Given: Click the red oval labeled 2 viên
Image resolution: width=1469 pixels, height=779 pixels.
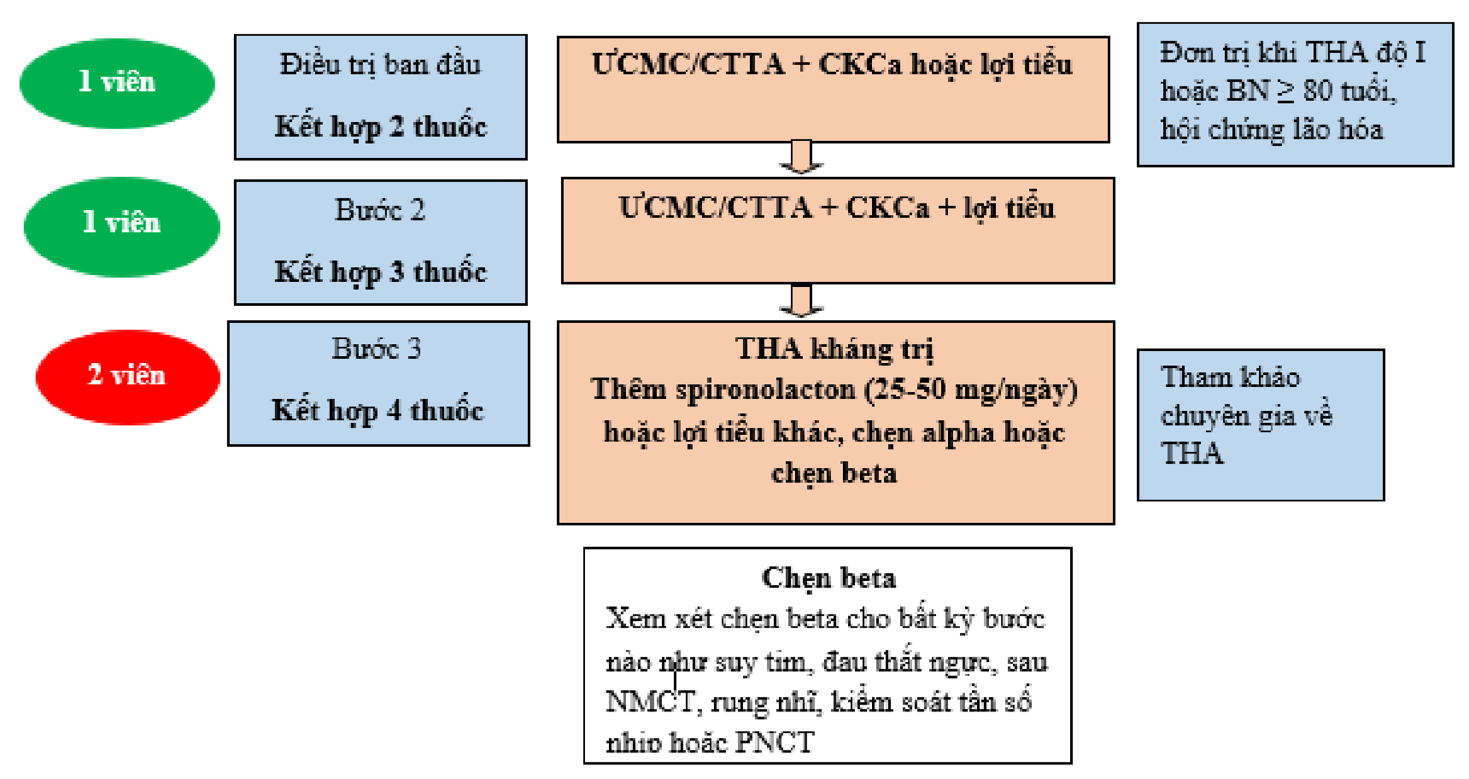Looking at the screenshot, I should [x=127, y=377].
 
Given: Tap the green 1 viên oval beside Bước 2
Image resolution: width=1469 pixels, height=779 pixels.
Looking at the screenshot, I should [x=121, y=225].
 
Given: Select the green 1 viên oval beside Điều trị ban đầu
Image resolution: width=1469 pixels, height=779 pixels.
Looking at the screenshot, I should [x=117, y=83].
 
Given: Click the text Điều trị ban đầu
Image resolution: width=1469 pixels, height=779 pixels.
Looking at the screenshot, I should [x=380, y=65].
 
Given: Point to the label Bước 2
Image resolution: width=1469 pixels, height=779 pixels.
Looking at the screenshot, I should [x=380, y=210].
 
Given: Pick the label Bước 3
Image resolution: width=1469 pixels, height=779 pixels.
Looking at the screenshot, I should [x=377, y=348].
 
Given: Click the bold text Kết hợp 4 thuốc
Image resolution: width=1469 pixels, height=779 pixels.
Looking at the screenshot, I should [x=377, y=411].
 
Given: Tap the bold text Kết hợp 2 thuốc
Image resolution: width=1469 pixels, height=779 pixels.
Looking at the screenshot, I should [x=380, y=126].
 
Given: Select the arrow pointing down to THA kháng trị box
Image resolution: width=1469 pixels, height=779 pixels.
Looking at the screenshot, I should [x=800, y=301].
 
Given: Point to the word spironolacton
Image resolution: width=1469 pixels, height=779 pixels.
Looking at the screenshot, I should [x=765, y=389].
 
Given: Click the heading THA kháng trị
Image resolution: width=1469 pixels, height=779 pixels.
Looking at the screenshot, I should [x=834, y=348].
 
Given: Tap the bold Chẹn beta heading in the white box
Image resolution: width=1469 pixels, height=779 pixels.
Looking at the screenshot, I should [x=828, y=578].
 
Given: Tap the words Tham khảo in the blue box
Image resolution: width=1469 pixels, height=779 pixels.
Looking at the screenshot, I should [x=1230, y=377].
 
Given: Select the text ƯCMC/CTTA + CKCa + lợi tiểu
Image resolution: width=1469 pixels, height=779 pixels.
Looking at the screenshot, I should [x=837, y=208].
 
